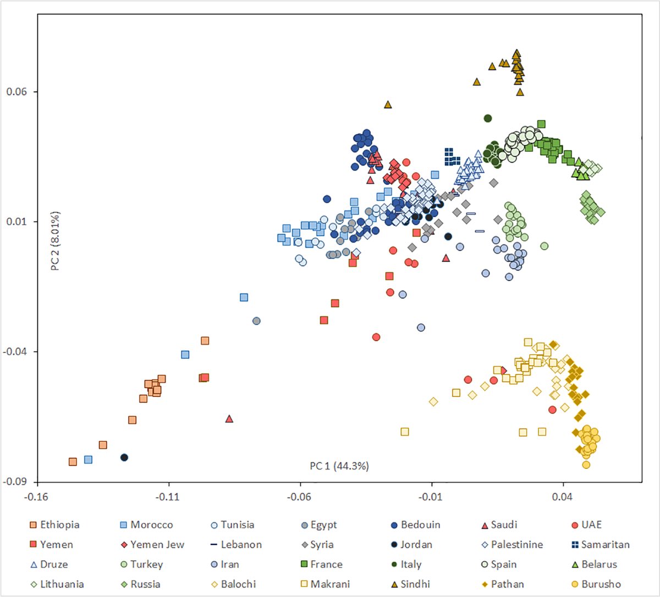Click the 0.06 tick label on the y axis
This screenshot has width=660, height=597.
[16, 92]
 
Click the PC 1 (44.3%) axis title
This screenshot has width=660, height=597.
[339, 466]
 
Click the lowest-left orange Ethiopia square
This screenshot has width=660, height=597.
[73, 462]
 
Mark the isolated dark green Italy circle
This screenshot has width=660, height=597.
[487, 118]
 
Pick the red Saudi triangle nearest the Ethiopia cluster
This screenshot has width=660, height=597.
[229, 419]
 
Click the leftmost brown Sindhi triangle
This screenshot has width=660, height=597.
[388, 104]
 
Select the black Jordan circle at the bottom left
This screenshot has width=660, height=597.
[124, 457]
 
